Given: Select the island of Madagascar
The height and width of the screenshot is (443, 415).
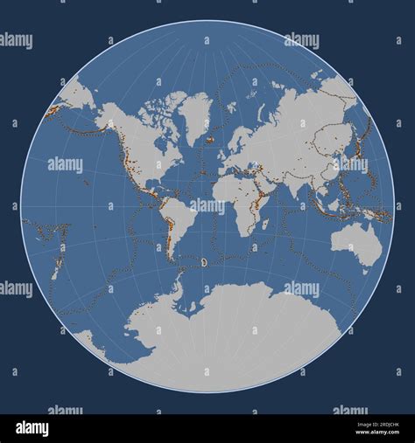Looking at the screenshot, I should click(x=265, y=225).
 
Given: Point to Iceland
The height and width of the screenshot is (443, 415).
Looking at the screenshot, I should click(x=211, y=137).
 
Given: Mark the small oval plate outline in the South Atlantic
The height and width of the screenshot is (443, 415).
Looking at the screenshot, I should click(x=204, y=261).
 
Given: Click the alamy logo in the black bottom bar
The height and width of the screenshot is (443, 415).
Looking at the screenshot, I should click(x=34, y=428).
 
